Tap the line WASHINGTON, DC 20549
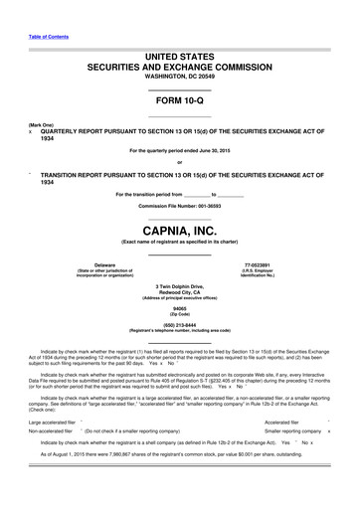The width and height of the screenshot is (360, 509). click(x=179, y=77)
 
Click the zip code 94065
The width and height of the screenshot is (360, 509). click(x=179, y=308)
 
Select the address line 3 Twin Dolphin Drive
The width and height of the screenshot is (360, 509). click(x=179, y=286)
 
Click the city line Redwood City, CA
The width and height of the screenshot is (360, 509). click(x=179, y=292)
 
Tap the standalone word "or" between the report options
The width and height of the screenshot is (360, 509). click(x=179, y=162)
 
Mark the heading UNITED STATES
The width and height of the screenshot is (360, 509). click(x=179, y=58)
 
